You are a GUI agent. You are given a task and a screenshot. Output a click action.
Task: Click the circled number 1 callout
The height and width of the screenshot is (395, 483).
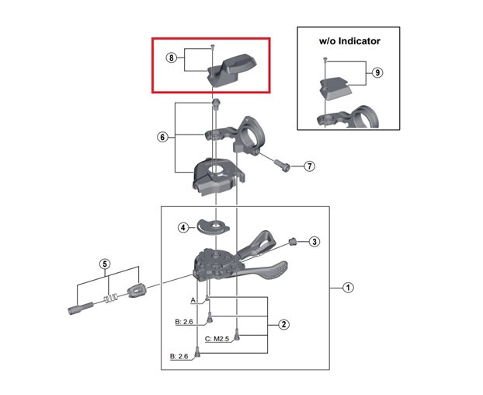pyautogui.click(x=349, y=288)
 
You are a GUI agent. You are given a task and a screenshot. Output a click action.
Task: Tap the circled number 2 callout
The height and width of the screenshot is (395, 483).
pyautogui.click(x=284, y=324)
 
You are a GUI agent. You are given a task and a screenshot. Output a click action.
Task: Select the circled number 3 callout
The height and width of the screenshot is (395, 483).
pyautogui.click(x=314, y=242)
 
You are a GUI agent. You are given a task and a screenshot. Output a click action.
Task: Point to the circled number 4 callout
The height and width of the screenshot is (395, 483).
pyautogui.click(x=183, y=228)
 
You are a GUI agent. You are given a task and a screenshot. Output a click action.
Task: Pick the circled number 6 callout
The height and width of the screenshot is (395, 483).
pyautogui.click(x=162, y=137)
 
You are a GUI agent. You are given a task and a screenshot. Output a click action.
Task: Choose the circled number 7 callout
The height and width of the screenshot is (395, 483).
pyautogui.click(x=308, y=166)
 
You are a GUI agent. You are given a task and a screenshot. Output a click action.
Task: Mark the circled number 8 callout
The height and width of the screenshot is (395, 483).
pyautogui.click(x=172, y=58)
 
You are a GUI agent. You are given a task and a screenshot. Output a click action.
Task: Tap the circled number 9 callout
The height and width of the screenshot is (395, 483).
pyautogui.click(x=377, y=73)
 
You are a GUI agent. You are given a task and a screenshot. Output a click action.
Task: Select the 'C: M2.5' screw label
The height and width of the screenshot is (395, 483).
pyautogui.click(x=218, y=340)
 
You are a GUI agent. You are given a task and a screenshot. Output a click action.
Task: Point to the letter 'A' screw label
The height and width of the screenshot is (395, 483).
pyautogui.click(x=193, y=299)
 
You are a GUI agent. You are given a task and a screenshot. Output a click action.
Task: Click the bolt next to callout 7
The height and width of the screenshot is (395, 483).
pyautogui.click(x=283, y=164)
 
